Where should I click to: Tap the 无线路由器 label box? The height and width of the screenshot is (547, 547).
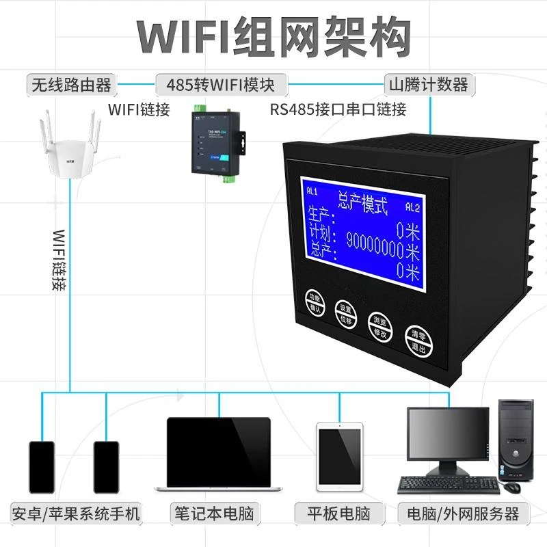coord(70,85)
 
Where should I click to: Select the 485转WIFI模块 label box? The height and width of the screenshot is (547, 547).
coord(220,85)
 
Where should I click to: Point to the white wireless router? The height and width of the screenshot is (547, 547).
coord(69,157)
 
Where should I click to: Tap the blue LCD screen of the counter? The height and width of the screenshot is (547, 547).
coord(362,227)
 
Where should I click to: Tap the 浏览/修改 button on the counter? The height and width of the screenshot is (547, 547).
coord(380,328)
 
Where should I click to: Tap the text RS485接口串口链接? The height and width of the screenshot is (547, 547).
coord(338,109)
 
